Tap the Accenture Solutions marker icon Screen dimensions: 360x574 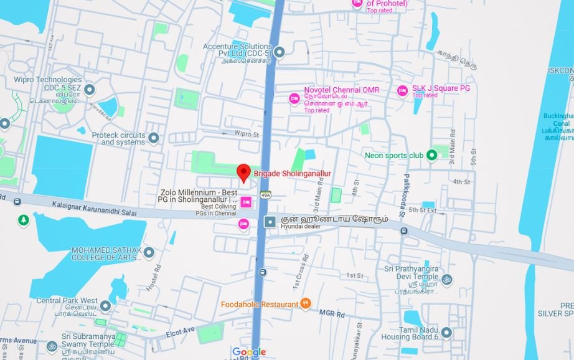(x=280, y=52)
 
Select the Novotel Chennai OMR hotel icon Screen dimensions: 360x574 (x=294, y=98)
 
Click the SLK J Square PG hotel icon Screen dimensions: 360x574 (x=402, y=91)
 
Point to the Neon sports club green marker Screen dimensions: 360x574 (x=431, y=155)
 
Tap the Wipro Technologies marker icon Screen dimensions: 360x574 (x=89, y=90)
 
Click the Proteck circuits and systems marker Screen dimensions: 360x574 (x=153, y=138)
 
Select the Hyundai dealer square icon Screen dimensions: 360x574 (x=270, y=222)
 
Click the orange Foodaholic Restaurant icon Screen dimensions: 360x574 (x=305, y=303)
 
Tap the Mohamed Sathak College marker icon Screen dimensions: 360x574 (x=149, y=252)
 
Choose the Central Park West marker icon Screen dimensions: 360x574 (x=105, y=306)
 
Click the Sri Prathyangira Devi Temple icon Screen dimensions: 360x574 (x=446, y=279)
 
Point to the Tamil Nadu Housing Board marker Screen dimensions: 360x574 (x=446, y=332)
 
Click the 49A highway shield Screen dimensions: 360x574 (x=266, y=195)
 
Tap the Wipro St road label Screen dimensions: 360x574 (x=247, y=134)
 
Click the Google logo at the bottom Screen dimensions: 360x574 (x=249, y=352)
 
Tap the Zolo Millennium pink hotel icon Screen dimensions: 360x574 (x=246, y=201)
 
